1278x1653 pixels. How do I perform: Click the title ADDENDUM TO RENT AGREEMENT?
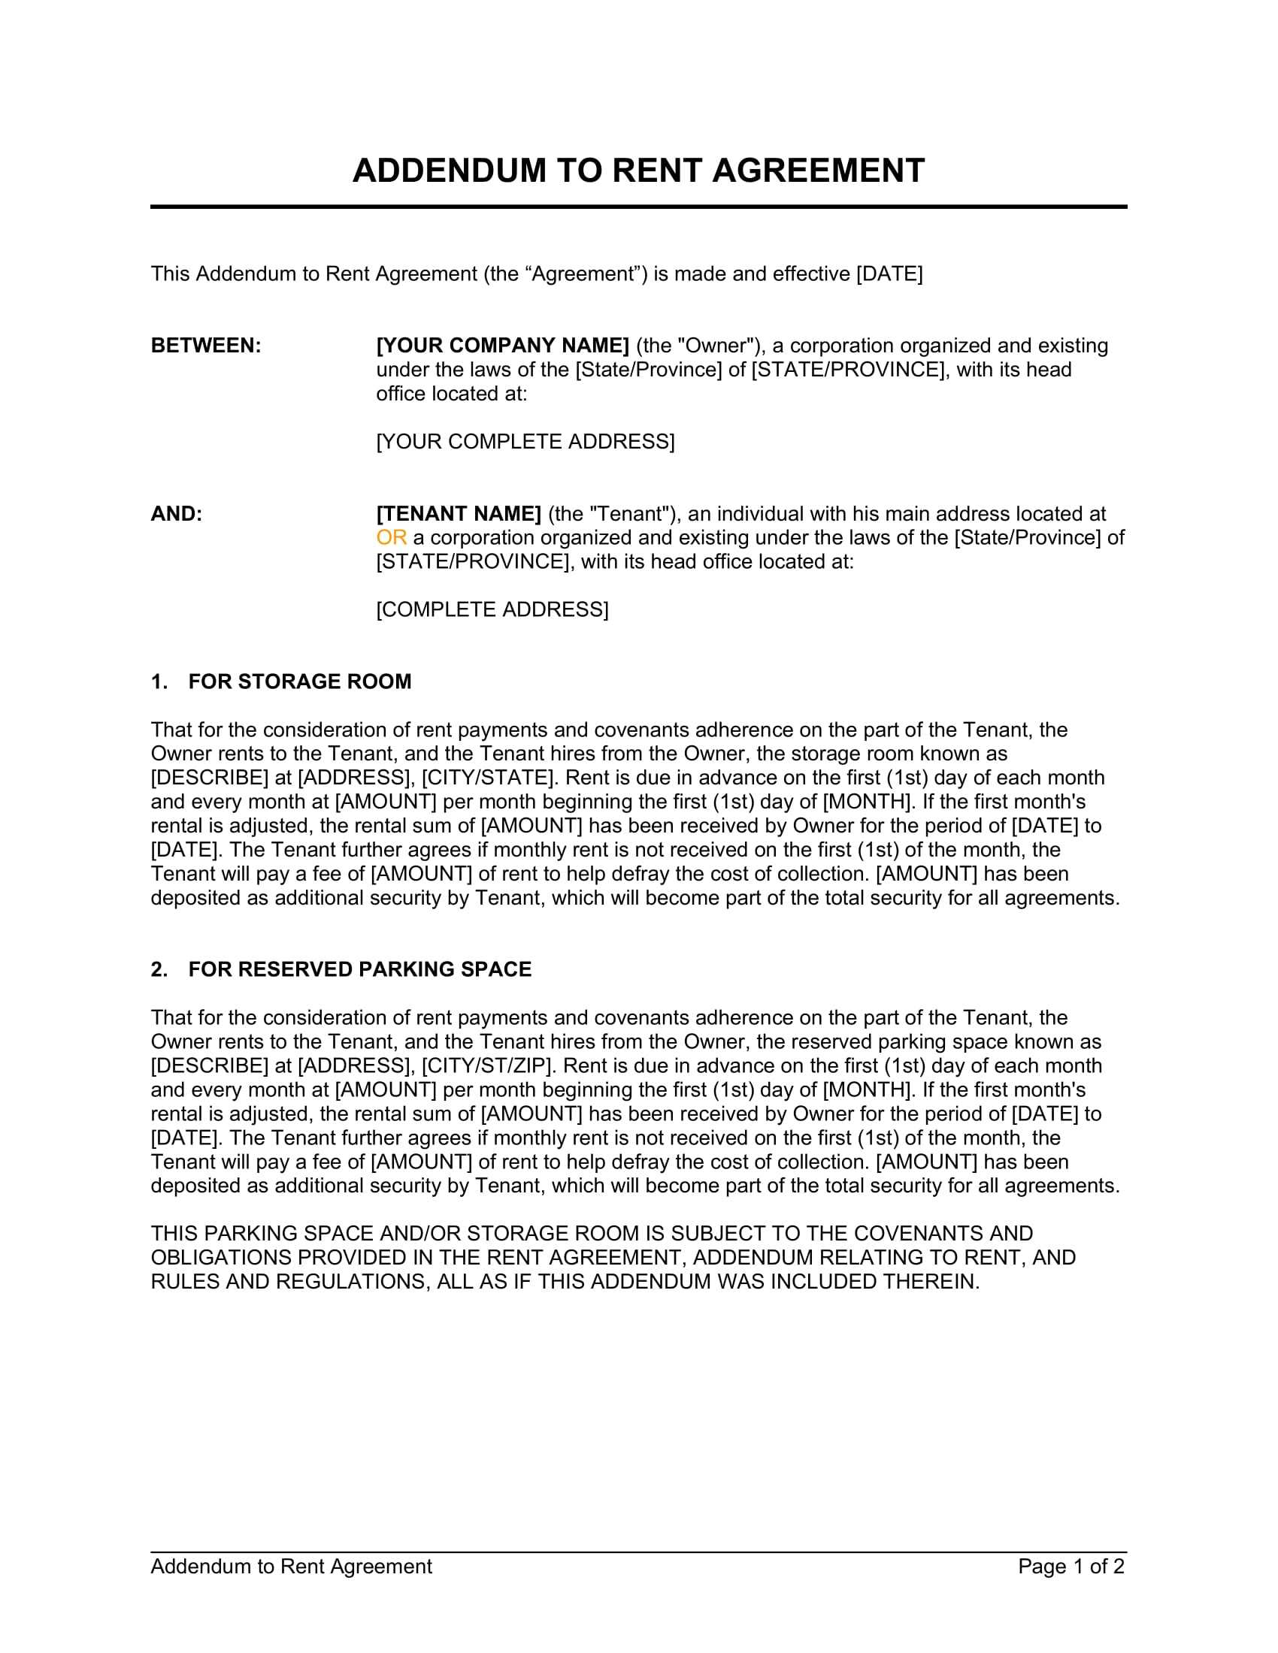point(638,171)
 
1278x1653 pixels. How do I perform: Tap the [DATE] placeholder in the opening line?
point(889,274)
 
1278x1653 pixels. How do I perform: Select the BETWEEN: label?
point(206,346)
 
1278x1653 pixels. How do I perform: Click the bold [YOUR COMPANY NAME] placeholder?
point(503,346)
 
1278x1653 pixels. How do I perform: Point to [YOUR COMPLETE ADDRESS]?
point(525,441)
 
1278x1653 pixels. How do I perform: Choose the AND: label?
point(177,514)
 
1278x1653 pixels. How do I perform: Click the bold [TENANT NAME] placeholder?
point(458,514)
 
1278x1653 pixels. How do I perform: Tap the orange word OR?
point(392,538)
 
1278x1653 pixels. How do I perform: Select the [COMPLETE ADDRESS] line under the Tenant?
point(492,609)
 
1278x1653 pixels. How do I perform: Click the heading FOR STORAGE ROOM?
point(300,682)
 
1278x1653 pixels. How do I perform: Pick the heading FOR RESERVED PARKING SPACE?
point(359,969)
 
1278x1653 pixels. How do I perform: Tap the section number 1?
point(158,682)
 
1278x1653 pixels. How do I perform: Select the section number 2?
point(158,969)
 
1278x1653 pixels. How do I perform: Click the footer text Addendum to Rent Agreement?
point(292,1567)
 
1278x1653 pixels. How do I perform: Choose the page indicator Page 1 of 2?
point(1071,1567)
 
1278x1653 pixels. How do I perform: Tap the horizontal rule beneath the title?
point(638,207)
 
